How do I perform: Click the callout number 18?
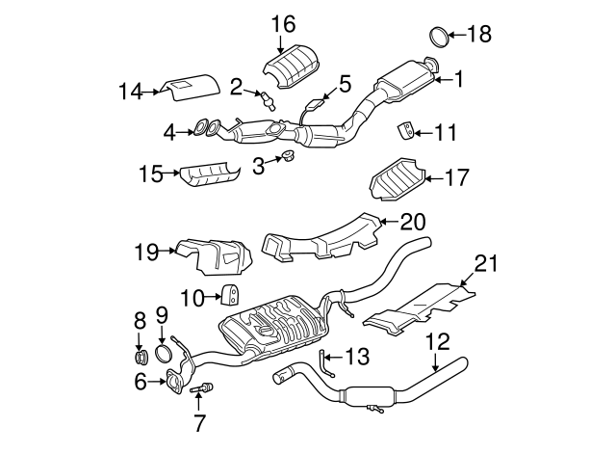(x=478, y=36)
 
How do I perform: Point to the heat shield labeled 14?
(x=188, y=90)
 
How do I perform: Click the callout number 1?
(x=459, y=79)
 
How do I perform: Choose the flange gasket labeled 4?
(x=203, y=126)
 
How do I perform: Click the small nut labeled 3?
(x=286, y=157)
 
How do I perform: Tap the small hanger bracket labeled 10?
(x=232, y=296)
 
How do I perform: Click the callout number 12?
(x=438, y=339)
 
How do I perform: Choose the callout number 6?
(x=141, y=382)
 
